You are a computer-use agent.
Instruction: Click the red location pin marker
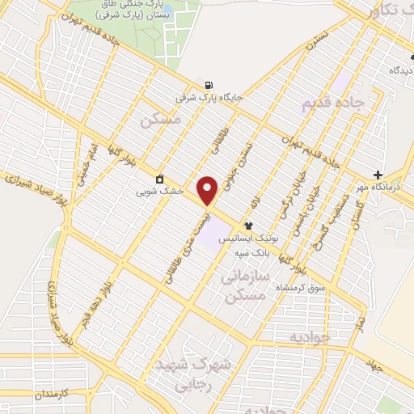click(x=209, y=190)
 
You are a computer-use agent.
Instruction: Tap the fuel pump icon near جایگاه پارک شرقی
click(x=210, y=86)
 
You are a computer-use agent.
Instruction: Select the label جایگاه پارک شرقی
click(x=209, y=98)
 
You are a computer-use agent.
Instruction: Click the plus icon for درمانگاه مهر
click(x=378, y=175)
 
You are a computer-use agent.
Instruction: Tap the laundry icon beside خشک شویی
click(x=160, y=179)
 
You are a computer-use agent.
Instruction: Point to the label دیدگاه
click(x=399, y=71)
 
